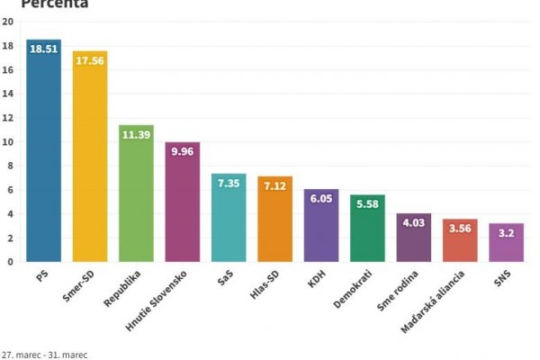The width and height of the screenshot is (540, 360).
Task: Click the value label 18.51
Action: coord(43,49)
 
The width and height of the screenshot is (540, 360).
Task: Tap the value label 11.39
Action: coord(136,134)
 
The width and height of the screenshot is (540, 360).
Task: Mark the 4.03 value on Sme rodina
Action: coord(414,222)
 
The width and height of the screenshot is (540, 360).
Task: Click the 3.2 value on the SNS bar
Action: coord(506,232)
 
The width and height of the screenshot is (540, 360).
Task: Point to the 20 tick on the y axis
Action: coord(7,22)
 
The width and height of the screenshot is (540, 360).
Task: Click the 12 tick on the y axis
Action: coord(7,118)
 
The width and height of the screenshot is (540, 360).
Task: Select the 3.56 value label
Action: coord(460,228)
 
